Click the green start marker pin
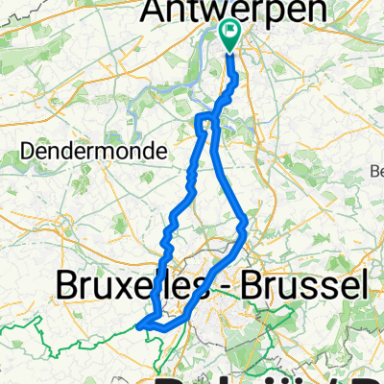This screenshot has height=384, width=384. [x=230, y=36]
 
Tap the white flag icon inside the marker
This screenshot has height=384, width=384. [x=230, y=33]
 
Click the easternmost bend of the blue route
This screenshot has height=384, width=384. [x=248, y=225]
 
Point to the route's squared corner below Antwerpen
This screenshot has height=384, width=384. [x=200, y=118]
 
